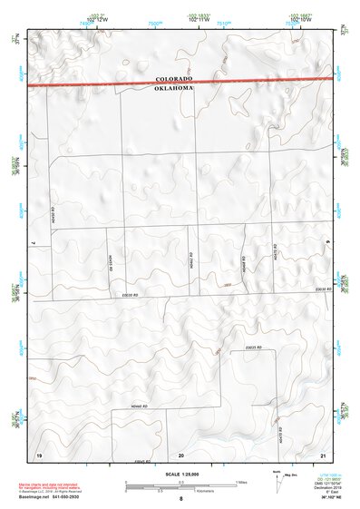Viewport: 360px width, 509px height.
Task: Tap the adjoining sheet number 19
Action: point(38,454)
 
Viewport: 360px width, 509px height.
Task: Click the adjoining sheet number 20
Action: point(181,454)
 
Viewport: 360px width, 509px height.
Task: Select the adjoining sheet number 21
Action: point(324,454)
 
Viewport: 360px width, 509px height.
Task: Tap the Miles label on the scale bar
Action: point(240,482)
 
